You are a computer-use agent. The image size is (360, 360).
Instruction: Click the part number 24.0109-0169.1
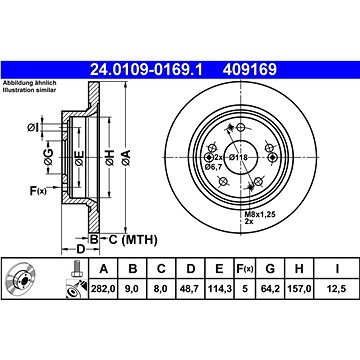pyautogui.click(x=146, y=70)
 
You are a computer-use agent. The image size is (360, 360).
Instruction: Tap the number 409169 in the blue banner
pyautogui.click(x=250, y=70)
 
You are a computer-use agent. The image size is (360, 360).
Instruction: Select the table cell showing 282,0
pyautogui.click(x=103, y=289)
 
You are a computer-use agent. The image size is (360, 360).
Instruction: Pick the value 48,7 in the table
pyautogui.click(x=190, y=289)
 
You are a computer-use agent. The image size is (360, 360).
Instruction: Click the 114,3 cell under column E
pyautogui.click(x=219, y=289)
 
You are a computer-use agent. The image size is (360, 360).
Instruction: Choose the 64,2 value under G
pyautogui.click(x=270, y=289)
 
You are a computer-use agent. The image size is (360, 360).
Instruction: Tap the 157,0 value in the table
pyautogui.click(x=299, y=289)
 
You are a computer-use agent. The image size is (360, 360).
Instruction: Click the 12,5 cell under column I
pyautogui.click(x=337, y=289)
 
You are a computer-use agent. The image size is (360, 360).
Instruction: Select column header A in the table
pyautogui.click(x=104, y=268)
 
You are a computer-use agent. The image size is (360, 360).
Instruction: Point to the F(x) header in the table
pyautogui.click(x=245, y=269)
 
